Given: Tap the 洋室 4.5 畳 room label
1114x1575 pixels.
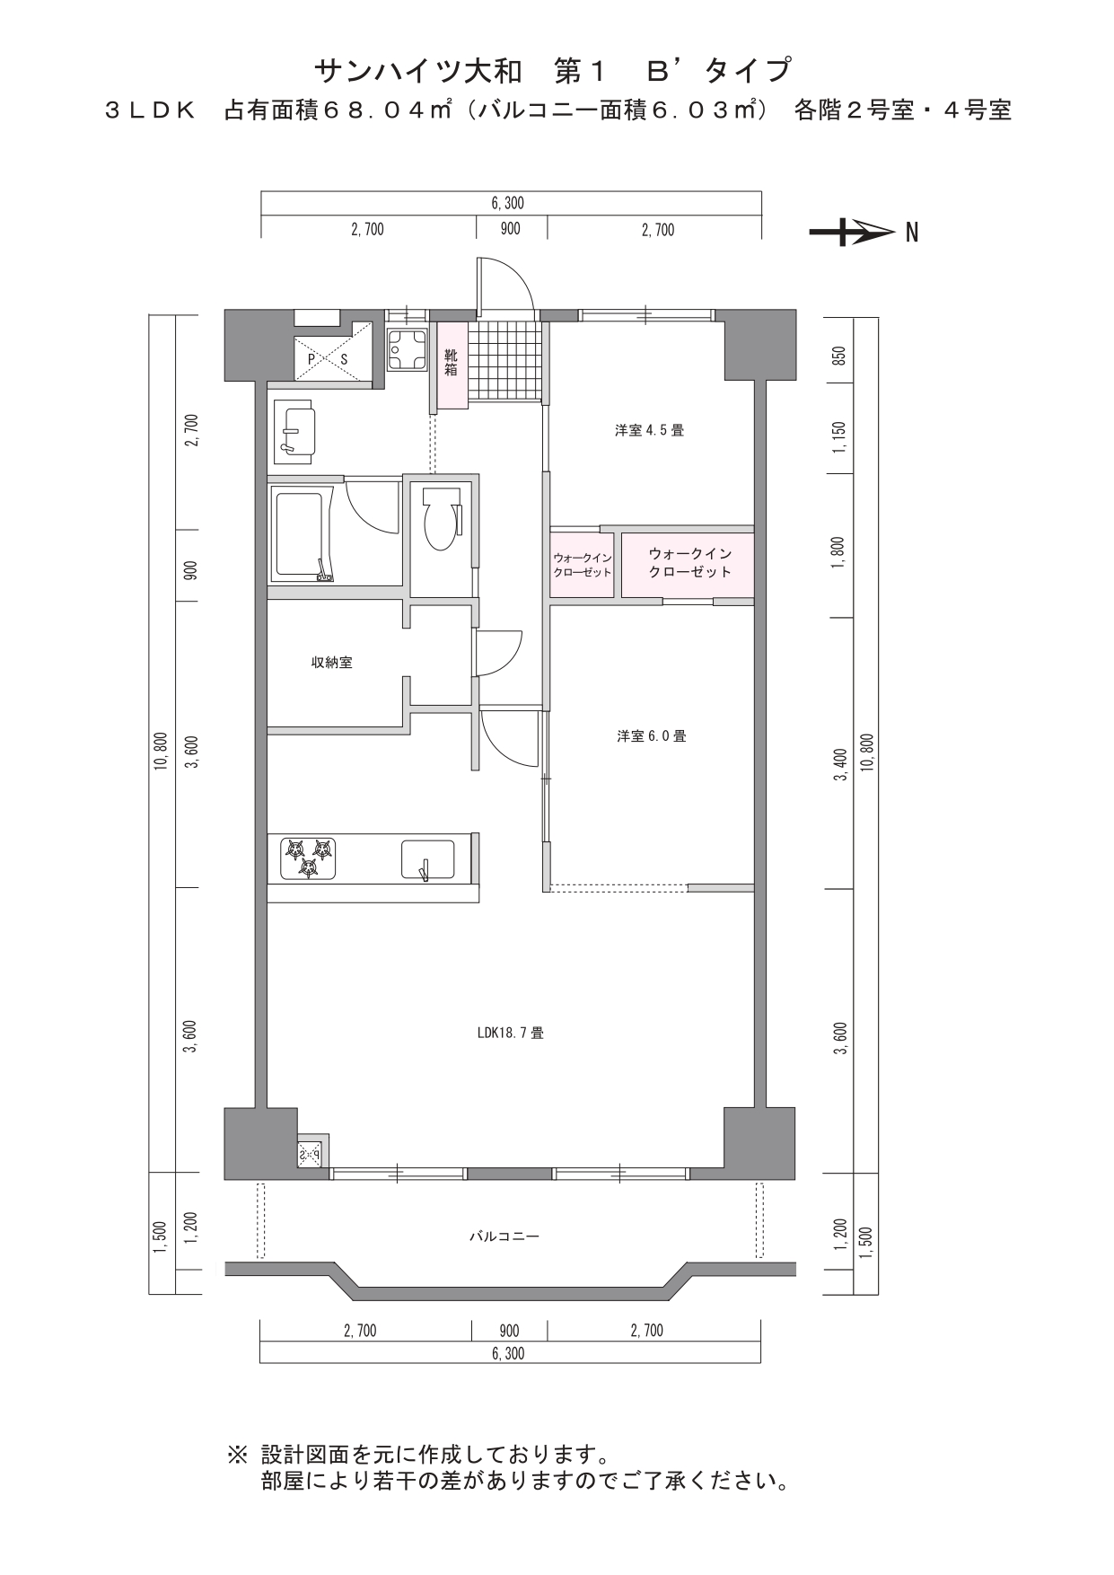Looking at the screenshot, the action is (x=649, y=430).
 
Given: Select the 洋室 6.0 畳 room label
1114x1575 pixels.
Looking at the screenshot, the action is (x=652, y=736).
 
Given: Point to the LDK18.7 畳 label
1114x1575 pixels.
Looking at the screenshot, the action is (x=510, y=1033).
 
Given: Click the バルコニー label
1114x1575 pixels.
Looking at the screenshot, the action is (x=504, y=1236).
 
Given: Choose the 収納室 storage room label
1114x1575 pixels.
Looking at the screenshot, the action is (x=331, y=663).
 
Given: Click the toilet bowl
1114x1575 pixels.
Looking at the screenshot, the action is (x=440, y=520).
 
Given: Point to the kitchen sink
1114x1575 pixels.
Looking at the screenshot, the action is (x=427, y=860).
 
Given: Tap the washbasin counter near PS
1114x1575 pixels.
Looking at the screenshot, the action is (x=294, y=432).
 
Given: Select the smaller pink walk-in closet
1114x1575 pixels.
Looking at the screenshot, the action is (x=583, y=566).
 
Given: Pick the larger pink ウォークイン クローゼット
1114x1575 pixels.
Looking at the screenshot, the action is (x=688, y=566).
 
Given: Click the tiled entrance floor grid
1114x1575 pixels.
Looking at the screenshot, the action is (x=506, y=361).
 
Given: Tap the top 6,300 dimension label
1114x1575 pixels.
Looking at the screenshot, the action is (x=507, y=203).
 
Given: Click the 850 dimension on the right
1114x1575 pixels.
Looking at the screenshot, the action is (x=839, y=356).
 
